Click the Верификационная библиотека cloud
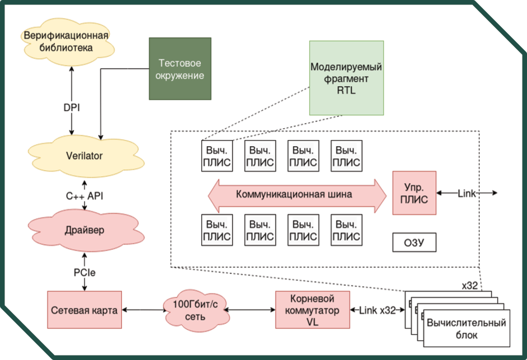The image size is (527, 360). (x=65, y=41)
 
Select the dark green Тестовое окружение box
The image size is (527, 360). (x=180, y=69)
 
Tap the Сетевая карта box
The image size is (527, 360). (x=84, y=310)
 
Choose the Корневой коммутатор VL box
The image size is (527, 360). (x=312, y=310)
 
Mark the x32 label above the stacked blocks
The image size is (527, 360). (x=469, y=285)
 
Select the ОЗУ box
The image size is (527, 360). (x=413, y=243)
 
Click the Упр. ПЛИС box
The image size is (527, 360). (x=414, y=193)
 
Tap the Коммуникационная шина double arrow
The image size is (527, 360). (x=297, y=195)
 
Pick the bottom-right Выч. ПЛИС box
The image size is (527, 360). (x=346, y=230)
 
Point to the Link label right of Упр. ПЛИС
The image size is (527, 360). (x=467, y=193)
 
